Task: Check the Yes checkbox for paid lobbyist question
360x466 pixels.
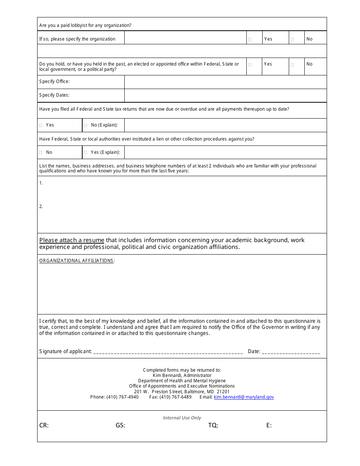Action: (250, 39)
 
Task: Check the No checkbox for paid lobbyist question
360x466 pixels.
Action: (292, 39)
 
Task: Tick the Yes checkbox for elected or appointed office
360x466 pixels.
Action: (250, 65)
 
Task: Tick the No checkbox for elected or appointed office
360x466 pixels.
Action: (292, 65)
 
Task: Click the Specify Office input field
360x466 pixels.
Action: (225, 82)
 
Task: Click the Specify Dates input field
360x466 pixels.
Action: (225, 95)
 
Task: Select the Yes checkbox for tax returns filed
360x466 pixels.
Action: (41, 125)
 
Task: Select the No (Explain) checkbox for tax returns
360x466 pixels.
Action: (86, 125)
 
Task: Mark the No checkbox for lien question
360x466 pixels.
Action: (41, 153)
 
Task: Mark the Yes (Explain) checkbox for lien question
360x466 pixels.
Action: (86, 153)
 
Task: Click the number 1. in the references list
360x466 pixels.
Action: (41, 183)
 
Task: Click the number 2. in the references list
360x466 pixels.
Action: (41, 206)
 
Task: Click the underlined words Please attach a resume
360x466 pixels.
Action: (72, 240)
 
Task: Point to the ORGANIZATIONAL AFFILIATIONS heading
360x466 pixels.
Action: (77, 261)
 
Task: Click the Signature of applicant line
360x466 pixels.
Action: (167, 352)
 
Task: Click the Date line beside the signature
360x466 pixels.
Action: (291, 352)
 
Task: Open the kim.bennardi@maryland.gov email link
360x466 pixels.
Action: (244, 397)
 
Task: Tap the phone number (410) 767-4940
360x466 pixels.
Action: (122, 397)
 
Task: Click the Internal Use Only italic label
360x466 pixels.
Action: (182, 418)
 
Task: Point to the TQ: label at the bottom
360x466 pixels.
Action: (213, 425)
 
